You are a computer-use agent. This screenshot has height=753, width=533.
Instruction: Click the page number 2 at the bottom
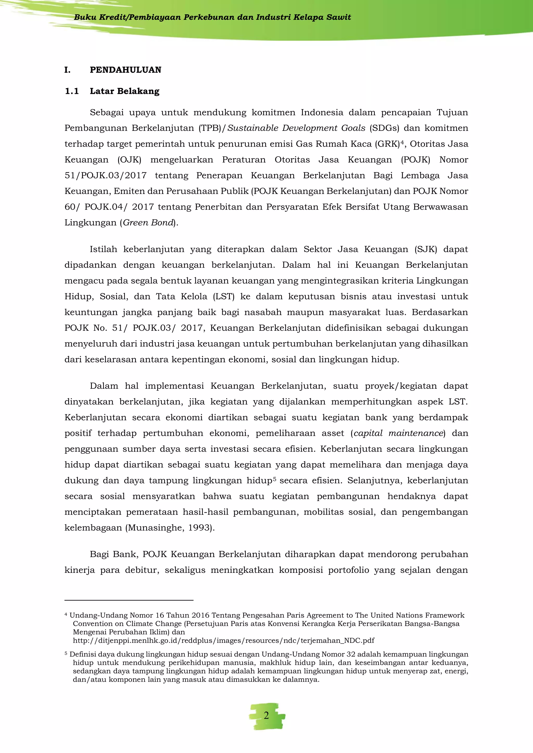click(x=266, y=715)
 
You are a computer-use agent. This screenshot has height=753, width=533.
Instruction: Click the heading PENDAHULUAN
click(x=125, y=70)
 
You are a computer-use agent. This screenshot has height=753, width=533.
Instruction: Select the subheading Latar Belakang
click(x=124, y=91)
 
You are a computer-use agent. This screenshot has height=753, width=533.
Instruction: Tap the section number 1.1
click(x=72, y=91)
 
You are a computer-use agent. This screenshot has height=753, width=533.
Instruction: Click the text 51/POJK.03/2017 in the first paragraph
click(x=106, y=176)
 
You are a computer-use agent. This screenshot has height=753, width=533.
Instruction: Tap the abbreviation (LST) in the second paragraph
click(x=224, y=296)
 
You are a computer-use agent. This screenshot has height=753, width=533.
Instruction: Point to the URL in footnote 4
click(x=224, y=640)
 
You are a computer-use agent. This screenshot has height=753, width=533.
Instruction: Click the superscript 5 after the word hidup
click(x=274, y=478)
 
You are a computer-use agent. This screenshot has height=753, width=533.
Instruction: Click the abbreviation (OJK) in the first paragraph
click(x=129, y=160)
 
